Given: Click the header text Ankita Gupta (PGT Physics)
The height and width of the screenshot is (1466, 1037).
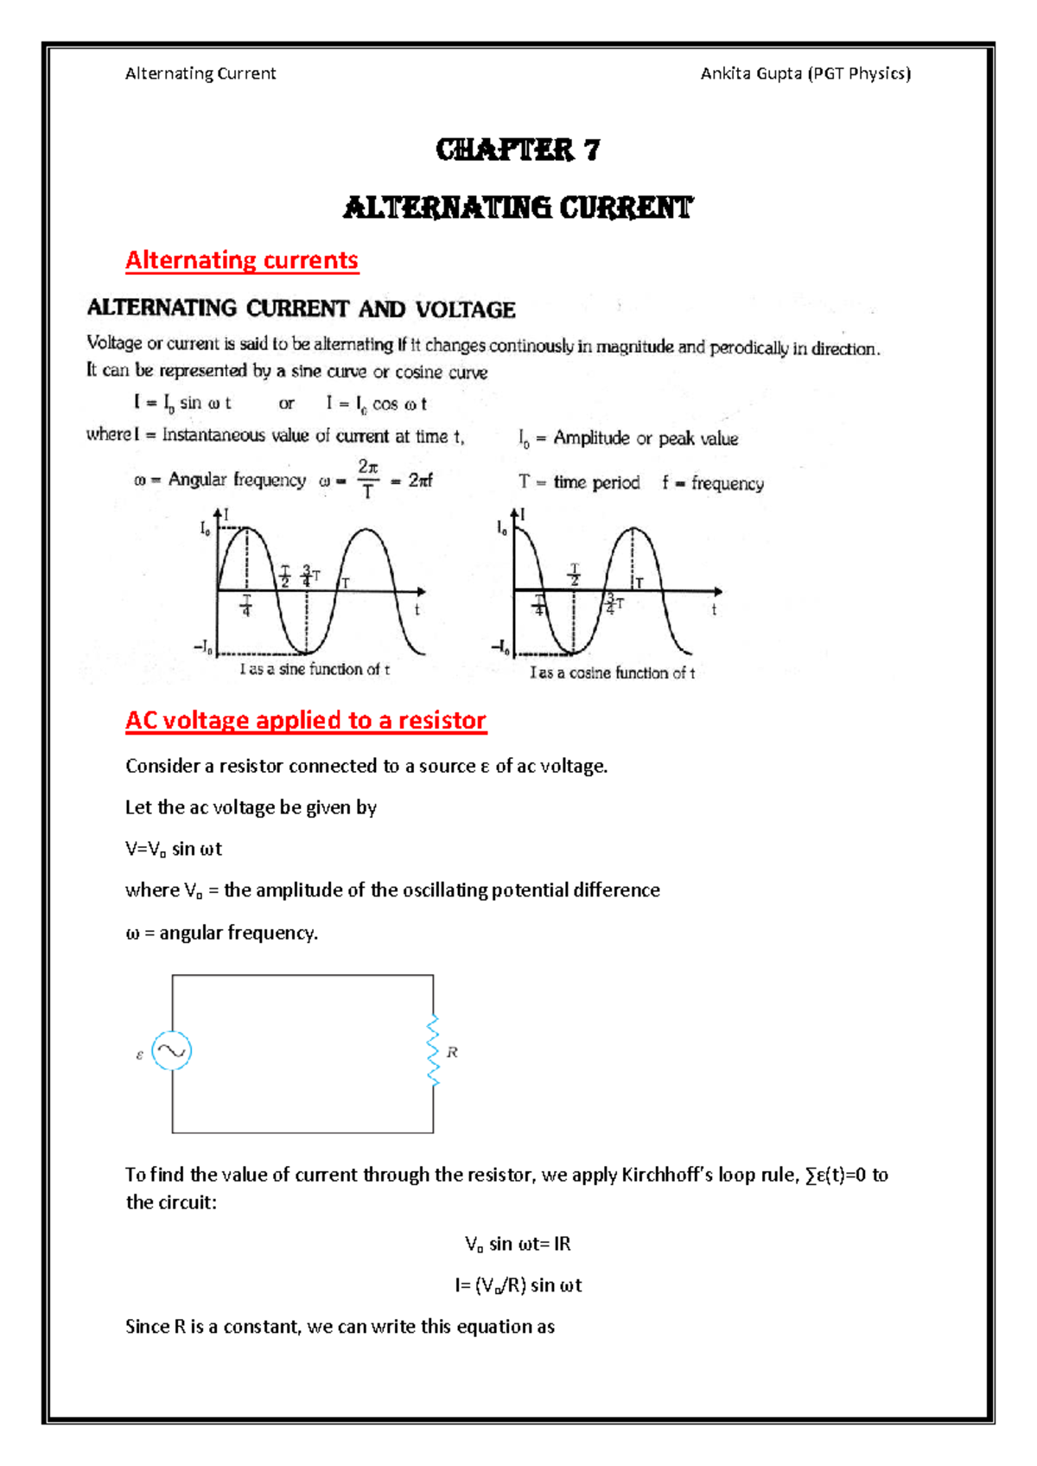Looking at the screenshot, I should tap(805, 73).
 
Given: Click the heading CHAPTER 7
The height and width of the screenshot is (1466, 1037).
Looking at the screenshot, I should tap(518, 150).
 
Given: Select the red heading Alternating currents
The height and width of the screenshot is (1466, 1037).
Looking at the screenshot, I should tap(242, 260).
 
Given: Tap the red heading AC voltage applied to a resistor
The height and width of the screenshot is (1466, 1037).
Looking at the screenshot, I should tap(306, 720).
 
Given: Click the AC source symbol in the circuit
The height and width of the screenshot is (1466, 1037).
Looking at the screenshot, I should tap(171, 1051).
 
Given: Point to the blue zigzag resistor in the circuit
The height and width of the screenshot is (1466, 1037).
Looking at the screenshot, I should tap(433, 1051).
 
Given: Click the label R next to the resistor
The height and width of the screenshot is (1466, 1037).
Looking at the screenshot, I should tap(452, 1052).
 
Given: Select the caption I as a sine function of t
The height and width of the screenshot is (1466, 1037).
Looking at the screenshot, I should tap(315, 669).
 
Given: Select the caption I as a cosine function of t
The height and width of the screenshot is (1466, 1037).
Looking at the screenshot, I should tap(612, 672).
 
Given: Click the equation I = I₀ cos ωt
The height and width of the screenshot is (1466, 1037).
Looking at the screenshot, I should tap(376, 404).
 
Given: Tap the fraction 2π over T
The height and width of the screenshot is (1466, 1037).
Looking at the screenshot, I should tap(368, 479).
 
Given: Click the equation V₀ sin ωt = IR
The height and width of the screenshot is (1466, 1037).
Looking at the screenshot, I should tap(518, 1244).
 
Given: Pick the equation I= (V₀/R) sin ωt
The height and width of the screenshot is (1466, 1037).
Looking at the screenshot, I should tap(518, 1285).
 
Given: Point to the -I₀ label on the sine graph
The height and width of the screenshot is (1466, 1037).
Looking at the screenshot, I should tap(205, 647).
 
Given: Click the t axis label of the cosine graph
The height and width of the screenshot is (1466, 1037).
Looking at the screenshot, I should tap(714, 610).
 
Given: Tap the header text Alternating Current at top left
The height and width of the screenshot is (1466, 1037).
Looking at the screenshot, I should tap(200, 73).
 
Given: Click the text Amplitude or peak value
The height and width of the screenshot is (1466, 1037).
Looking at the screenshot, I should tap(646, 438).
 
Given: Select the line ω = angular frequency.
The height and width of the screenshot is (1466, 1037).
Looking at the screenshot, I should tap(222, 933).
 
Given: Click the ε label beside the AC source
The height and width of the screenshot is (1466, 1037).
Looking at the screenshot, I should tap(140, 1055).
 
